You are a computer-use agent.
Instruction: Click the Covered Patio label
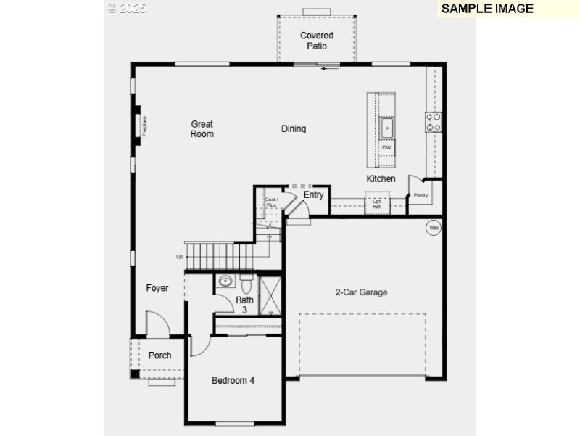[x=317, y=41]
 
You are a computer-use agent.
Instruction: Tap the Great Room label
[x=202, y=129]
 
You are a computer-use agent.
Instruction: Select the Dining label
[x=294, y=129]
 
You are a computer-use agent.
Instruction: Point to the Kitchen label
[x=381, y=178]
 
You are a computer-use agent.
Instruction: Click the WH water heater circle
[x=434, y=228]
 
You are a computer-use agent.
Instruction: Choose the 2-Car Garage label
[x=361, y=292]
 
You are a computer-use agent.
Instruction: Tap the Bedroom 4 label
[x=233, y=380]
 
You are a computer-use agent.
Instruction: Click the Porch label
[x=159, y=355]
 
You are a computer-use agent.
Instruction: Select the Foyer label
[x=157, y=288]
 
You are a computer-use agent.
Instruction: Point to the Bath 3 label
[x=244, y=305]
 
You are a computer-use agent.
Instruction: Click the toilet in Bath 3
[x=245, y=281]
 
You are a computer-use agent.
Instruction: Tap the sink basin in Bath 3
[x=225, y=281]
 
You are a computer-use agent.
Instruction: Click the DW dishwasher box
[x=386, y=148]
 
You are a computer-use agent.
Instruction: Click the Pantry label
[x=420, y=195]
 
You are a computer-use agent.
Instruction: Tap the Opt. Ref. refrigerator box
[x=377, y=205]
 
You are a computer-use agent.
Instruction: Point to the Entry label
[x=313, y=194]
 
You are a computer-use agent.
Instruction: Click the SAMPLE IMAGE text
[x=487, y=9]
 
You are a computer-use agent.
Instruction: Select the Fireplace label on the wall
[x=145, y=126]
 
